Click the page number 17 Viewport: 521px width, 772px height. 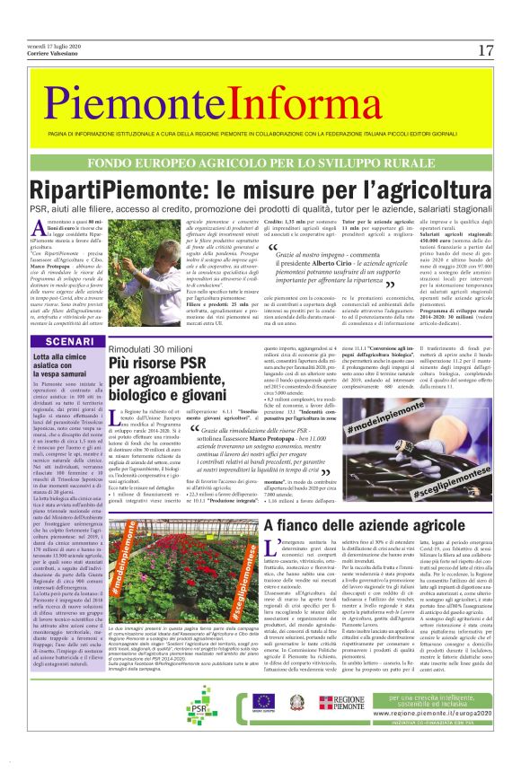pyautogui.click(x=485, y=50)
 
